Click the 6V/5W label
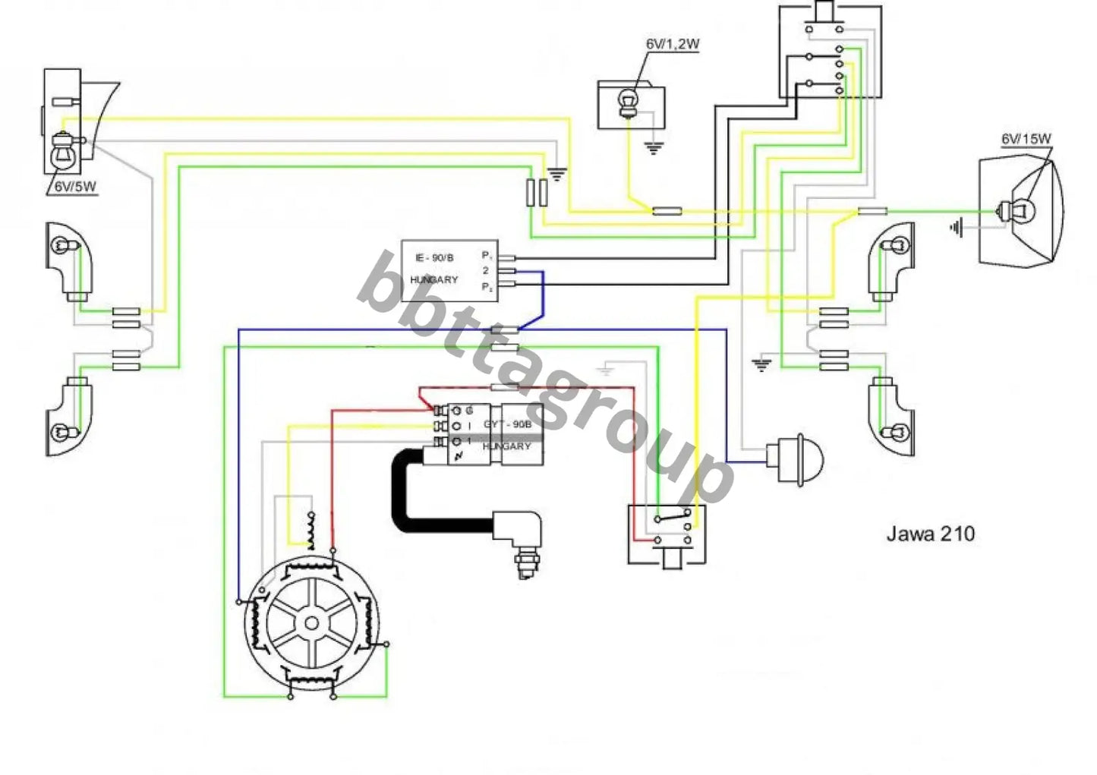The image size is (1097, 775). click(x=74, y=186)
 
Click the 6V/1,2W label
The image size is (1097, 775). click(x=672, y=45)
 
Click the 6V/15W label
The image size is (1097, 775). click(x=1026, y=139)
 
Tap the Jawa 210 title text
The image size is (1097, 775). click(x=930, y=534)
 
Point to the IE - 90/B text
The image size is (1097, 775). click(x=434, y=258)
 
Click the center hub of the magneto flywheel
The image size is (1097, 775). click(x=311, y=624)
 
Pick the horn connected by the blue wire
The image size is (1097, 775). click(x=795, y=458)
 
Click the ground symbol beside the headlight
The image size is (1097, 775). click(x=957, y=227)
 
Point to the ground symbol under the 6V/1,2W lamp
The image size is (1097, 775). click(x=653, y=148)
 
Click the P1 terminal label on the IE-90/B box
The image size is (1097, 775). click(x=486, y=255)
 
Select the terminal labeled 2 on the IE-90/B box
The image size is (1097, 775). click(x=486, y=270)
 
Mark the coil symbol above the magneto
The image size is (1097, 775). click(x=309, y=529)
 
